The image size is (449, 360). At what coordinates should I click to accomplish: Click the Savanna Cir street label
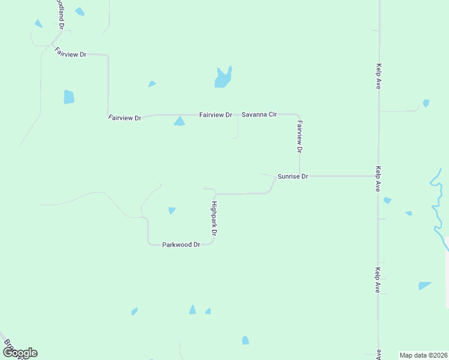click(x=259, y=114)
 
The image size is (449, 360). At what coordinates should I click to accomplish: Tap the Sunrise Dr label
click(x=293, y=176)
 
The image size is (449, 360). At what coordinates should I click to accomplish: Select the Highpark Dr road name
click(x=213, y=217)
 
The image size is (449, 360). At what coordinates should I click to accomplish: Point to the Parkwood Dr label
click(x=181, y=245)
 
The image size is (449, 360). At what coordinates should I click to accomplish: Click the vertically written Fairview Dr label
click(x=300, y=136)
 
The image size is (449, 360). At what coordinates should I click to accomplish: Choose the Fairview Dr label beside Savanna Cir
click(x=215, y=114)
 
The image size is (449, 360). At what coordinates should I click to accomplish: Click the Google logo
click(x=20, y=353)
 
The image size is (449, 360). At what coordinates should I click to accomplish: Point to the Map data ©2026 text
click(x=423, y=355)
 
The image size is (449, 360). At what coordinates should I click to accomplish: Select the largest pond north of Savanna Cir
click(x=223, y=77)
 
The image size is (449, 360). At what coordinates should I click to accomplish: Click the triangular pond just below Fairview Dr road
click(x=179, y=121)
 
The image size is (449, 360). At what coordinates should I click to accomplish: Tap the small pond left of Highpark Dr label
click(x=172, y=211)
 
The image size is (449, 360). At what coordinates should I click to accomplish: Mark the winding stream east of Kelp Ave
click(x=436, y=204)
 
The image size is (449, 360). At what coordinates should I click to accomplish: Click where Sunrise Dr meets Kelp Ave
click(x=378, y=176)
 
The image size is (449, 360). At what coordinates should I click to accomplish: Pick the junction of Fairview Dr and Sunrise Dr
click(x=300, y=176)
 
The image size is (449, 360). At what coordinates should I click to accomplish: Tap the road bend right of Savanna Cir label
click(x=298, y=116)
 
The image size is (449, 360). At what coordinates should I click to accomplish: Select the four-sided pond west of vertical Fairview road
click(x=69, y=97)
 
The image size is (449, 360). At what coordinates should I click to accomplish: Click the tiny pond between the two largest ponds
click(x=152, y=84)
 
